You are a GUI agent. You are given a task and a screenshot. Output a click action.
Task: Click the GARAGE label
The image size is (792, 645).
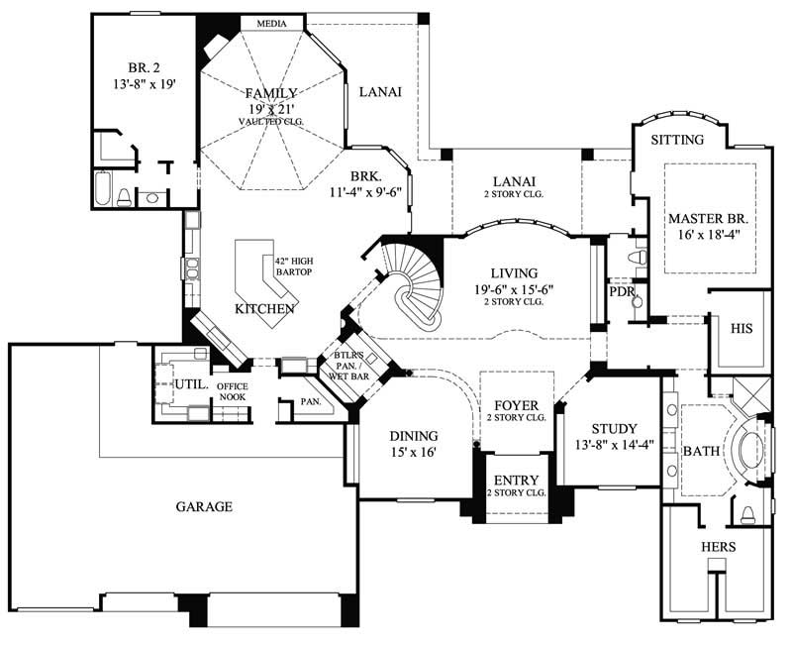point(205,506)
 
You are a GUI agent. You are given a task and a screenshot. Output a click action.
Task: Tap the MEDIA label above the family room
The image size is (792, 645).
point(271,22)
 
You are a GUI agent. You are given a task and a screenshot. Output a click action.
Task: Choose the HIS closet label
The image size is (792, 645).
point(742,328)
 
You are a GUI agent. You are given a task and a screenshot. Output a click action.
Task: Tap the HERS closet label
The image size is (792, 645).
point(718,546)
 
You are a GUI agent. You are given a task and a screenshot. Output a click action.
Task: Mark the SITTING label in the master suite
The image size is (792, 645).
point(677,140)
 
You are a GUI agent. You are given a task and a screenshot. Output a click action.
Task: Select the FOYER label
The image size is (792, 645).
point(516,404)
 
